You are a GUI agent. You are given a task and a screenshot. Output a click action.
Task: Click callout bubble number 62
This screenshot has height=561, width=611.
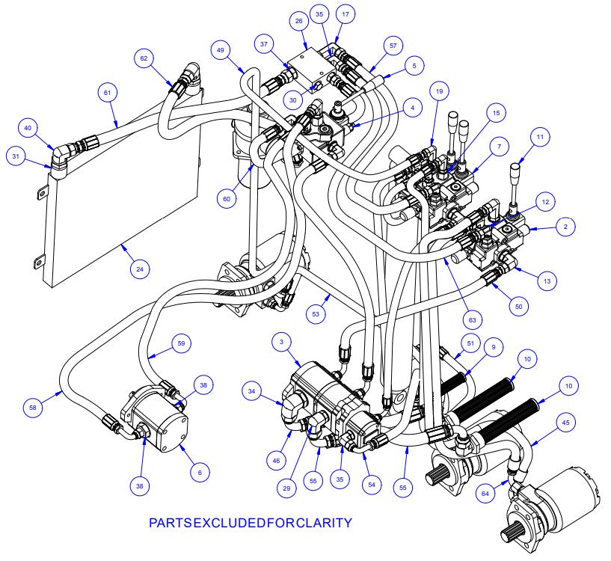point(145,57)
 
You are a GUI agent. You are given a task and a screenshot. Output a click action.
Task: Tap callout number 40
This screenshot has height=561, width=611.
point(29,129)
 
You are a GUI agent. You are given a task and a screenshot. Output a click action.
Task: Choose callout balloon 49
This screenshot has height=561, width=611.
point(221,51)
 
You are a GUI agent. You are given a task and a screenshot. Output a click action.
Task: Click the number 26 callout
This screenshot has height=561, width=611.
point(299,22)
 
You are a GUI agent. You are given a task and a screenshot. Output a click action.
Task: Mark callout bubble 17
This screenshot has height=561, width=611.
point(345,13)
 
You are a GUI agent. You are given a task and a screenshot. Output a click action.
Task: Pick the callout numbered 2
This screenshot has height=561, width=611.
point(565,226)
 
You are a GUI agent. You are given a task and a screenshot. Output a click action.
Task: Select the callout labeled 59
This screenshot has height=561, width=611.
point(180,343)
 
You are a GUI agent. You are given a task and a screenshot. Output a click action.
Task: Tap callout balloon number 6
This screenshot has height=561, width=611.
point(199,472)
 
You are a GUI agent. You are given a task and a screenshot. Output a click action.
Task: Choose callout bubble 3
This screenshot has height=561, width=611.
point(281,342)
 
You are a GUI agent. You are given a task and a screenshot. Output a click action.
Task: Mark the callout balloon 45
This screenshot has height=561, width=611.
point(565,424)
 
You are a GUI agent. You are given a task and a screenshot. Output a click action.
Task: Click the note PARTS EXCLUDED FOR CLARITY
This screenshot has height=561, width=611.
point(250,522)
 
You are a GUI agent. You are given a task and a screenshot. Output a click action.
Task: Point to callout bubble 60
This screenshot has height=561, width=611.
point(226,199)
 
